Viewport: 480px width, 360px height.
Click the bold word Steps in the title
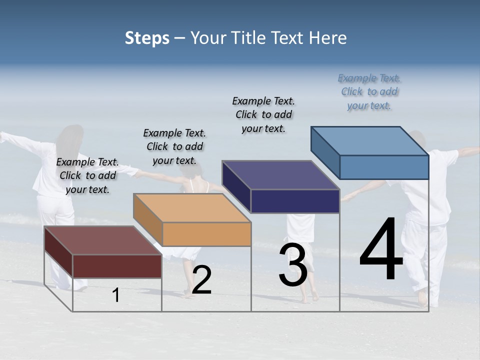point(147,38)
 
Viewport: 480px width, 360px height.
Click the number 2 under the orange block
point(201,280)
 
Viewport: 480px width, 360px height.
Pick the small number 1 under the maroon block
point(116,295)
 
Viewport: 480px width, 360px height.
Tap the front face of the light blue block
point(384,167)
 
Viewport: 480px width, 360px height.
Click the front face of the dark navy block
point(295,201)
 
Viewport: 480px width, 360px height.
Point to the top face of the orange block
point(192,207)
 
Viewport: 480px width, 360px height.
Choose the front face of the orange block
point(206,234)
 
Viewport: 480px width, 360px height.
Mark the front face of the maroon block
point(117,266)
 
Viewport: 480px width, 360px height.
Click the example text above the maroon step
point(87,175)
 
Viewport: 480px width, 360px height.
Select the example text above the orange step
point(174,146)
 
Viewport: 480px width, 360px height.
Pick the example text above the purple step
point(263,114)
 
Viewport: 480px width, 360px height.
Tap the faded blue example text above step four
point(369,91)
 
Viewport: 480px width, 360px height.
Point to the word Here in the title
point(330,38)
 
